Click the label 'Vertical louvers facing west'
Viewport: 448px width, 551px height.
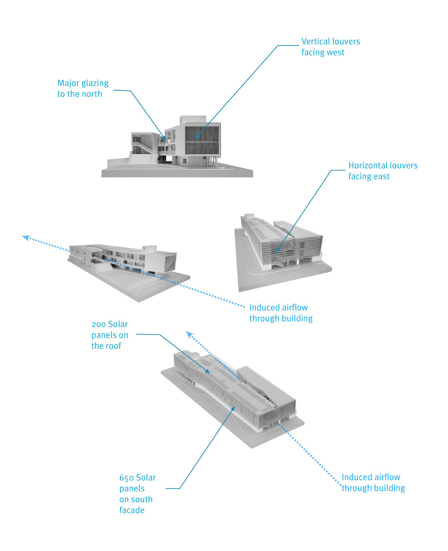click(331, 47)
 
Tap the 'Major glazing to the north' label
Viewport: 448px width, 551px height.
click(83, 88)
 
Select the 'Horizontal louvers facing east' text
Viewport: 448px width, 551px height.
click(383, 171)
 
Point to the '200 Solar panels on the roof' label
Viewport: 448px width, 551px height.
click(110, 335)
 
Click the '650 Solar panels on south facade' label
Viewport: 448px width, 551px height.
click(137, 494)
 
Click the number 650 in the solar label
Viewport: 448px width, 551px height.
click(126, 478)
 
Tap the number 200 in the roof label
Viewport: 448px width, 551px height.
click(99, 324)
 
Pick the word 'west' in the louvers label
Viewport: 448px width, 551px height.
click(336, 53)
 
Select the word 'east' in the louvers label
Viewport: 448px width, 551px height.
click(381, 176)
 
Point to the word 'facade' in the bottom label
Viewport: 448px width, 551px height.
click(132, 510)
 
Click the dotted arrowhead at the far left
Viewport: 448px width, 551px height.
click(26, 238)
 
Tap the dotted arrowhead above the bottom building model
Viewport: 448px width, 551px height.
click(189, 334)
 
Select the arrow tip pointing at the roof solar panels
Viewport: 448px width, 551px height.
click(210, 373)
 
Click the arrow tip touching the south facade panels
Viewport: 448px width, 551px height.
click(235, 407)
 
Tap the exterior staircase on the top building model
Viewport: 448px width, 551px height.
click(143, 148)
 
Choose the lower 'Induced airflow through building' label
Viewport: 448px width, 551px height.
click(373, 483)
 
